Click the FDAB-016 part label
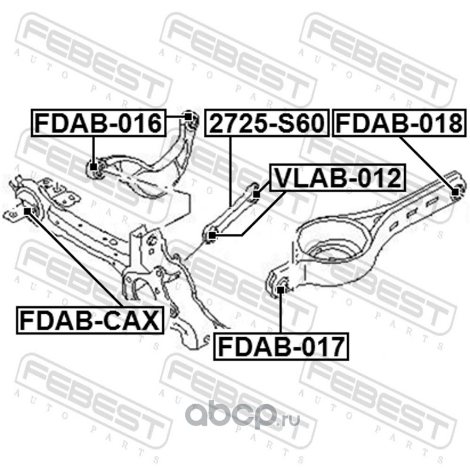(x=99, y=123)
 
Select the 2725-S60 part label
(x=267, y=123)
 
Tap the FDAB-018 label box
(x=399, y=123)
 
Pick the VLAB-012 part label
(x=337, y=177)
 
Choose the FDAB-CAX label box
(x=90, y=320)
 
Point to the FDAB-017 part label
(x=281, y=346)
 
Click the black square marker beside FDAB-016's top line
(x=188, y=116)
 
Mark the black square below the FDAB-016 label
(x=94, y=167)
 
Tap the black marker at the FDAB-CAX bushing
(x=27, y=211)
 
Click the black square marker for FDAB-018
(x=455, y=192)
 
